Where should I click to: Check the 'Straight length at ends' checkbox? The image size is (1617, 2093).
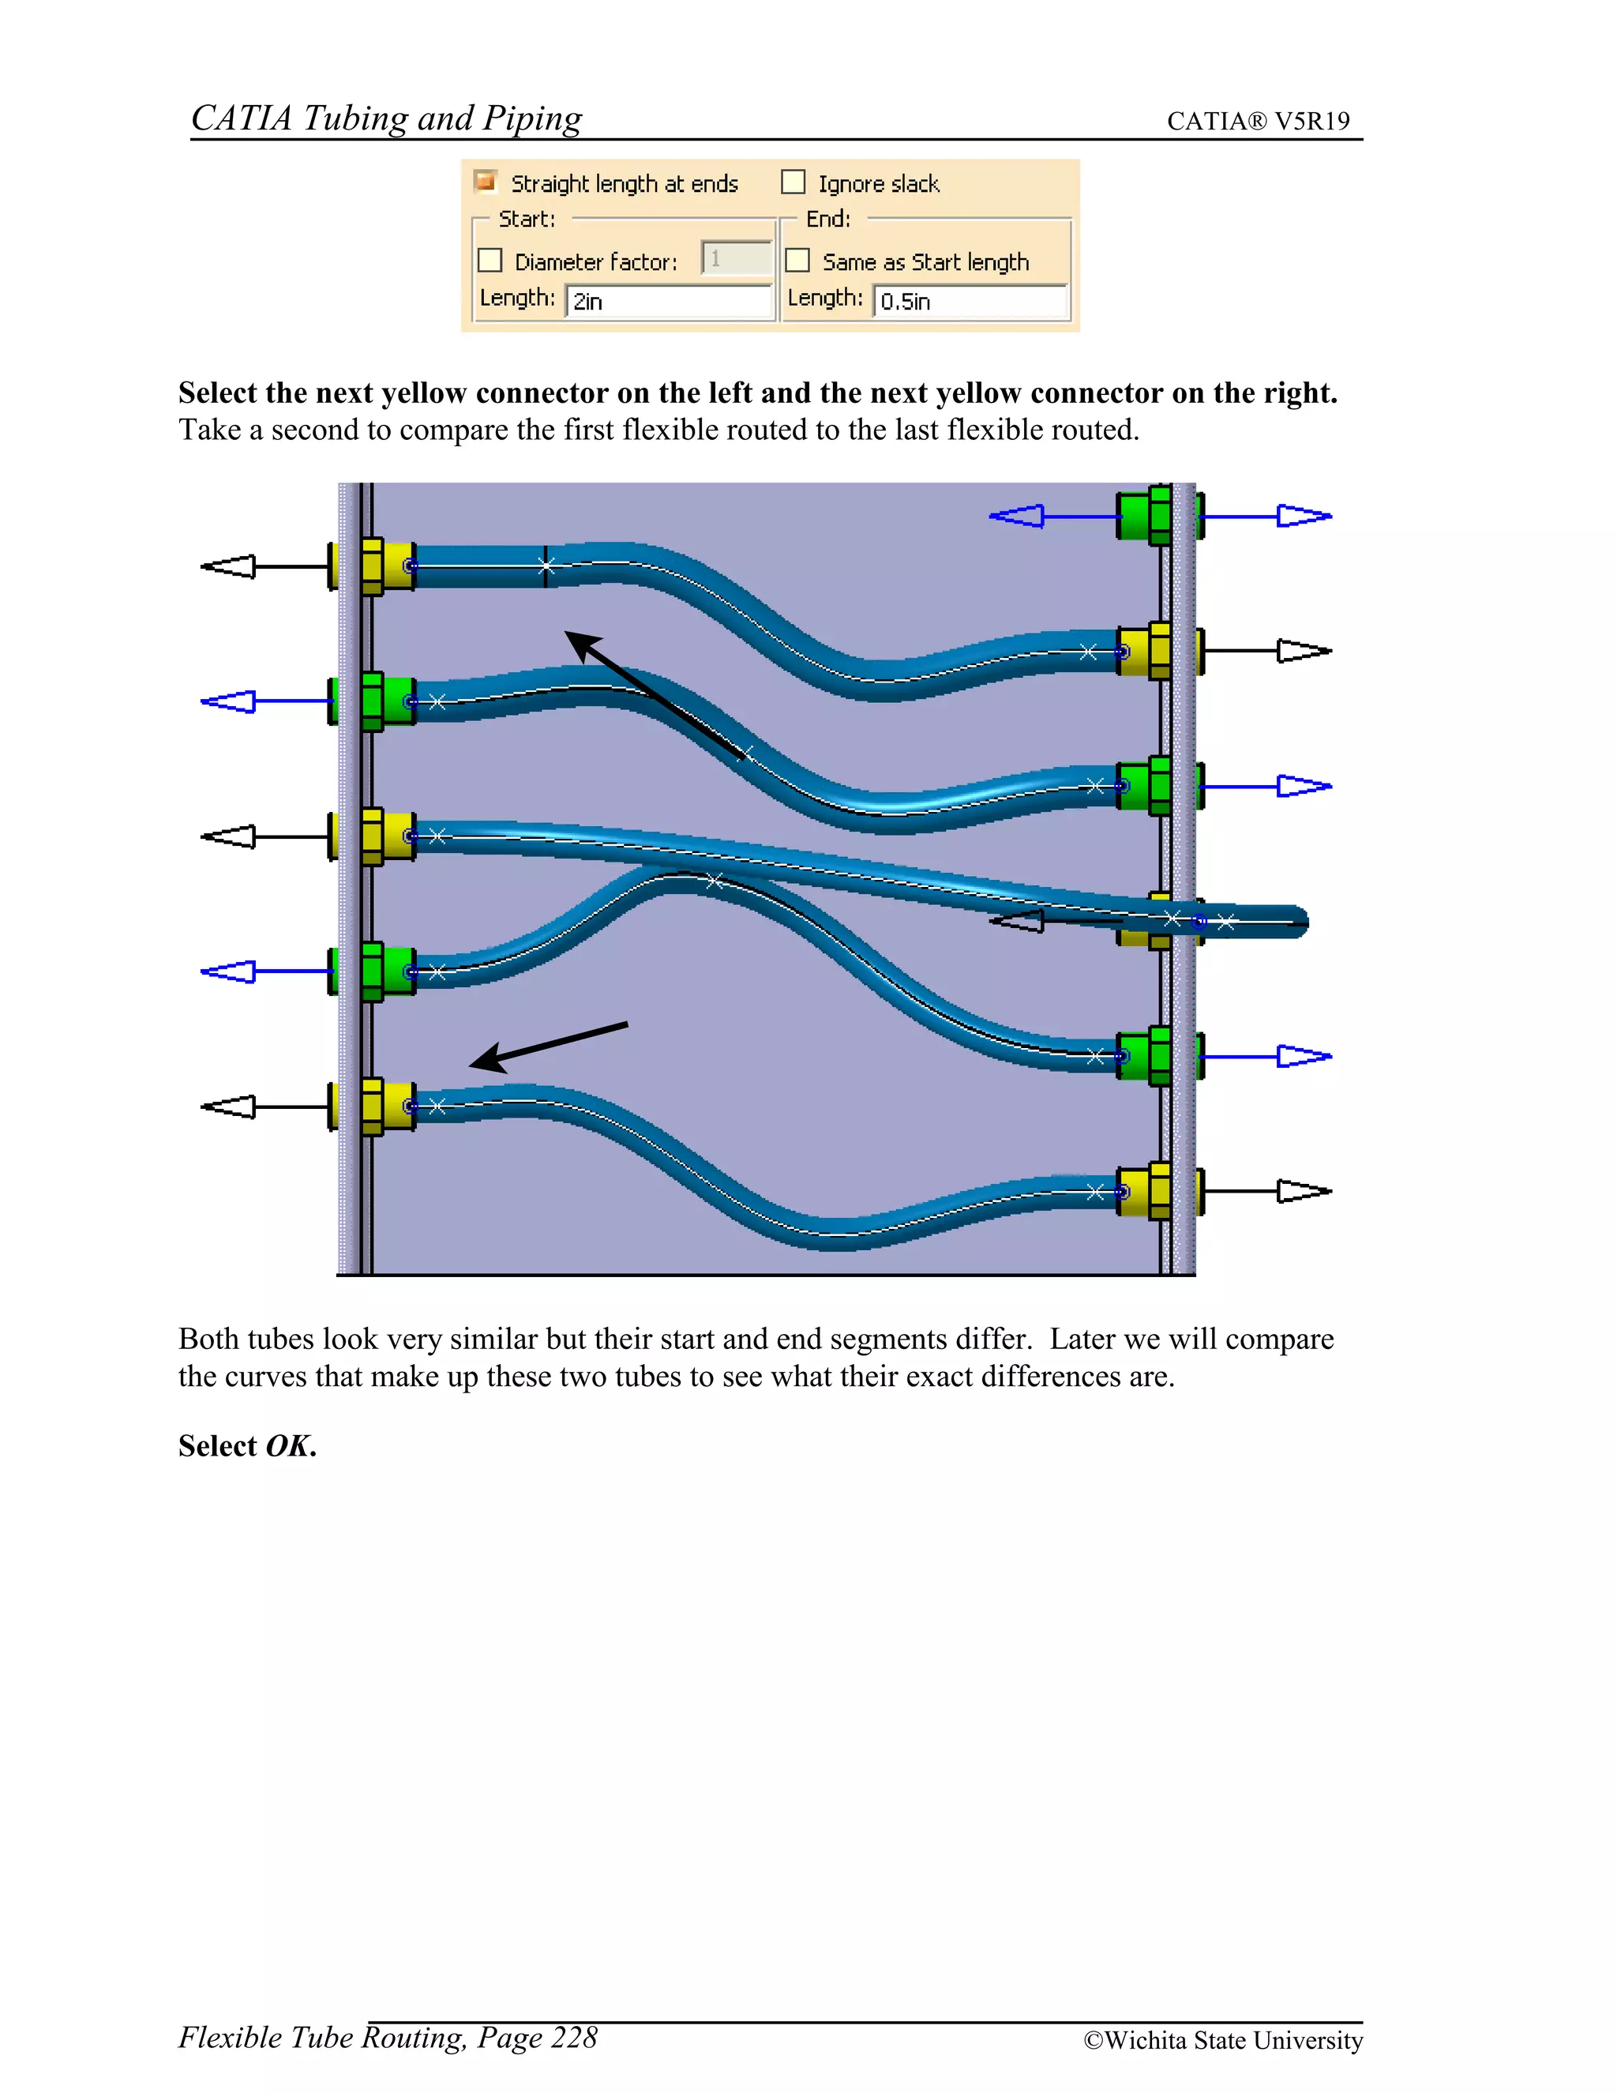click(x=486, y=181)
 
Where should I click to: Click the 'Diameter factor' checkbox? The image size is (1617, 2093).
click(x=490, y=261)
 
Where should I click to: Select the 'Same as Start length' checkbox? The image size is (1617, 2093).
click(x=797, y=261)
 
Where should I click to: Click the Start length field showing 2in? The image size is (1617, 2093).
click(x=668, y=301)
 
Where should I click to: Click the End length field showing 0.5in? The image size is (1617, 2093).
click(x=970, y=301)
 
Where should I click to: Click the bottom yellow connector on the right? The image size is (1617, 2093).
click(x=1146, y=1191)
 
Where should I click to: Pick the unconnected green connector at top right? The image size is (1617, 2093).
click(x=1144, y=516)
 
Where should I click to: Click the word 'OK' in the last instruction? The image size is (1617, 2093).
click(x=288, y=1445)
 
